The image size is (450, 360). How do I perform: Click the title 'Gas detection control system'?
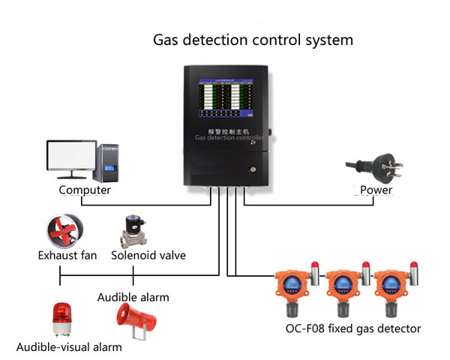[253, 39]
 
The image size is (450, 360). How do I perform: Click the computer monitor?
[71, 157]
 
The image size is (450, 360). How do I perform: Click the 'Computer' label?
[85, 190]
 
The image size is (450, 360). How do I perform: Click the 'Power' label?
[376, 190]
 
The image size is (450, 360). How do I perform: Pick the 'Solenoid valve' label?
[148, 256]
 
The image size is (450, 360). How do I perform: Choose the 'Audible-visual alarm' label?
[69, 347]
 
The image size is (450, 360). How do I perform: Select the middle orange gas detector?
[343, 289]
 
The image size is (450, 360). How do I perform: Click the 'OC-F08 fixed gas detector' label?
[353, 328]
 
